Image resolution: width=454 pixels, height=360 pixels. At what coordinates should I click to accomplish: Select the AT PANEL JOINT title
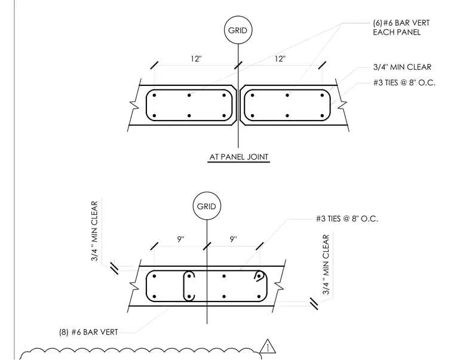[239, 157]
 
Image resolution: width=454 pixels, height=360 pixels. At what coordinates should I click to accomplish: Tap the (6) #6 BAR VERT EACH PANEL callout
[401, 27]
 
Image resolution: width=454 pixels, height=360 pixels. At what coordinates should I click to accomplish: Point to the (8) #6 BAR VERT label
[88, 332]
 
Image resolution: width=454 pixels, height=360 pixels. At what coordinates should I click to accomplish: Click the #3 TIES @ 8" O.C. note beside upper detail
[404, 83]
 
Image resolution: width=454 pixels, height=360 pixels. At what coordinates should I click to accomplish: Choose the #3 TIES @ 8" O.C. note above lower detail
[347, 219]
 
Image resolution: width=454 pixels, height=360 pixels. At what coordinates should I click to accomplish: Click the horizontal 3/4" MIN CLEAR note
[402, 67]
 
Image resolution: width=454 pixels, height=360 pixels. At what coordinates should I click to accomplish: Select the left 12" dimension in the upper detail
[196, 59]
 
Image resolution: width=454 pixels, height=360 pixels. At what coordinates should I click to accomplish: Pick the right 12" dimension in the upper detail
[280, 59]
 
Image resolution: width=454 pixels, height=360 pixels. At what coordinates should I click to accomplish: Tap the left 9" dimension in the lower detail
[180, 239]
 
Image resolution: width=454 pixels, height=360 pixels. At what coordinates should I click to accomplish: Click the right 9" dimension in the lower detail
[234, 239]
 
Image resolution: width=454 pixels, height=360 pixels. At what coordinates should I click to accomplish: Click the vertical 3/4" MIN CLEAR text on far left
[94, 231]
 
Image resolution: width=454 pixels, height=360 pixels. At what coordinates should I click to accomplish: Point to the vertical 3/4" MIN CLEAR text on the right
[326, 264]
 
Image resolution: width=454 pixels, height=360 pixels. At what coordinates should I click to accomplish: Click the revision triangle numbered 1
[268, 347]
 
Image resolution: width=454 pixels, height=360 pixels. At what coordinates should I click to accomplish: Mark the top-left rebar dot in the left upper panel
[154, 95]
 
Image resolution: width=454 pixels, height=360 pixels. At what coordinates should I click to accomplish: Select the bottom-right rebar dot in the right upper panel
[322, 116]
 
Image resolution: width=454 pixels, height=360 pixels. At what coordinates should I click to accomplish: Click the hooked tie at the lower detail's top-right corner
[260, 275]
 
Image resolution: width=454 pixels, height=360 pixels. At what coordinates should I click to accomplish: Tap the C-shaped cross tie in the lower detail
[185, 286]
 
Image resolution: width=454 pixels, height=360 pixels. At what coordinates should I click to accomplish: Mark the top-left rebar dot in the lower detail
[154, 276]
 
